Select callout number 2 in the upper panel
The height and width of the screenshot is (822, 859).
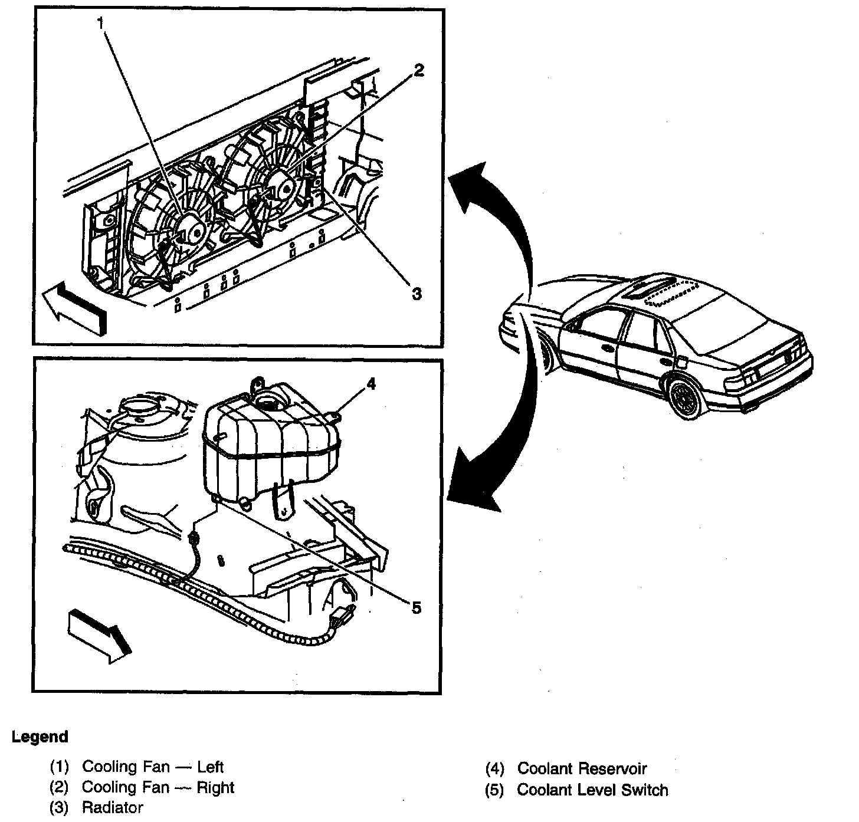point(418,71)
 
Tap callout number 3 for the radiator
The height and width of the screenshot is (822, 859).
point(417,293)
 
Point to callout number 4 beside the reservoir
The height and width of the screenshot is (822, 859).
point(371,384)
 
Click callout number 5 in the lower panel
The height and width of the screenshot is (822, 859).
point(417,608)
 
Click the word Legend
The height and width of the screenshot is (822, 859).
point(40,736)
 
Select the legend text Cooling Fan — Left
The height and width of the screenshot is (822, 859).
point(153,767)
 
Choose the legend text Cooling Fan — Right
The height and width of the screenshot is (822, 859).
point(158,787)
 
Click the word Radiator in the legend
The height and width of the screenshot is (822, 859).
point(112,807)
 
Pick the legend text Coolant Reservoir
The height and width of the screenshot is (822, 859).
point(582,769)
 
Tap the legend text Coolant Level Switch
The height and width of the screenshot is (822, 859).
point(592,790)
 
